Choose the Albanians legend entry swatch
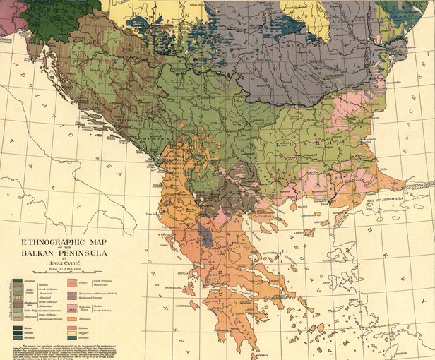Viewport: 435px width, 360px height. (x=71, y=319)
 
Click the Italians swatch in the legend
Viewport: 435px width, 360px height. (x=71, y=328)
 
